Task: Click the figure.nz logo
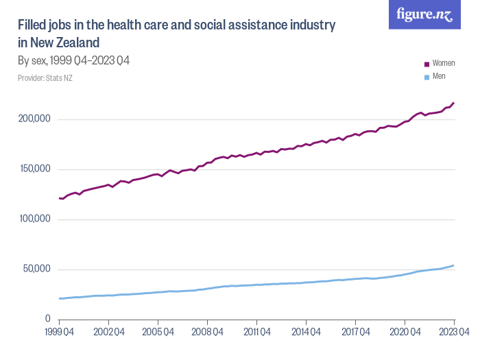pos(424,15)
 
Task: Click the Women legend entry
pos(443,63)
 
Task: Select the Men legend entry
pos(439,76)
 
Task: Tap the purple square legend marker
pos(427,64)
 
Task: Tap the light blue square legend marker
pos(427,77)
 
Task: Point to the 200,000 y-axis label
pos(34,119)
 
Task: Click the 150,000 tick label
pos(34,169)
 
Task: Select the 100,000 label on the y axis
pos(34,219)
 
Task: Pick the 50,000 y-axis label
pos(36,269)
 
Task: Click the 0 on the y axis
pos(48,319)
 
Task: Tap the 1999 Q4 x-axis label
pos(60,333)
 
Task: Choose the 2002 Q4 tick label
pos(108,333)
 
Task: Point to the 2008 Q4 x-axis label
pos(207,333)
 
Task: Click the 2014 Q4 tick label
pos(306,333)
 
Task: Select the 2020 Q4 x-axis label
pos(405,333)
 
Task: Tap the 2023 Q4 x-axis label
pos(453,333)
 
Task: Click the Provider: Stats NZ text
pos(45,78)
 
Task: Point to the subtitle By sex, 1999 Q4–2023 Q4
pos(74,61)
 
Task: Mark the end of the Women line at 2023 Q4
pos(453,103)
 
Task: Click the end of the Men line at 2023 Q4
pos(453,265)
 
